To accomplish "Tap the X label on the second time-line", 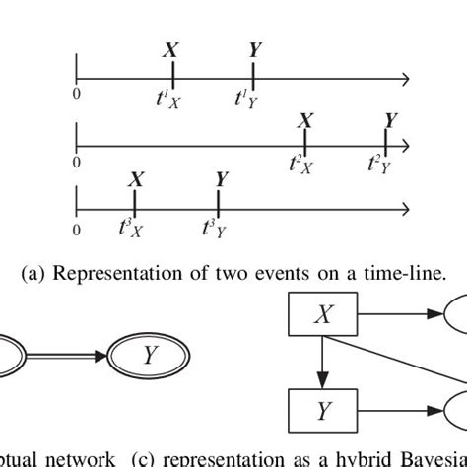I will pos(306,120).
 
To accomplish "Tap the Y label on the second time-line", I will pos(391,120).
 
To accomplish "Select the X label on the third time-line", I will pos(135,180).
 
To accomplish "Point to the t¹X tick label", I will pos(168,99).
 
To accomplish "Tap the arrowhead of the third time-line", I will pos(404,209).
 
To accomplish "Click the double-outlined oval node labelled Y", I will pos(149,355).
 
